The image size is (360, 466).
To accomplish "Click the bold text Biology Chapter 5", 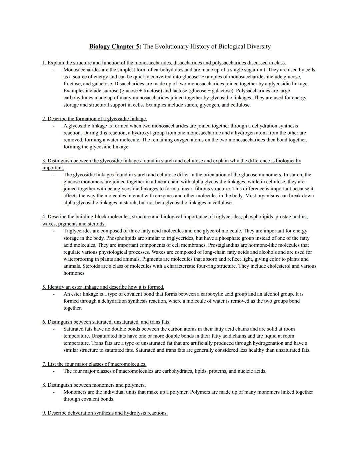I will tap(115, 47).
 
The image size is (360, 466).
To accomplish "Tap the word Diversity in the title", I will tap(258, 47).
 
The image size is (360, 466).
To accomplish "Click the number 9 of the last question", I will tap(44, 413).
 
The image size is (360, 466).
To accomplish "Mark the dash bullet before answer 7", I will tap(53, 371).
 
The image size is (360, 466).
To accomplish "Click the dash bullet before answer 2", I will tap(53, 126).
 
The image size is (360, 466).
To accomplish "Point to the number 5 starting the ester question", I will tap(44, 287).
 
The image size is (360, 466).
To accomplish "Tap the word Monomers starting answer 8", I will tap(75, 392).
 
